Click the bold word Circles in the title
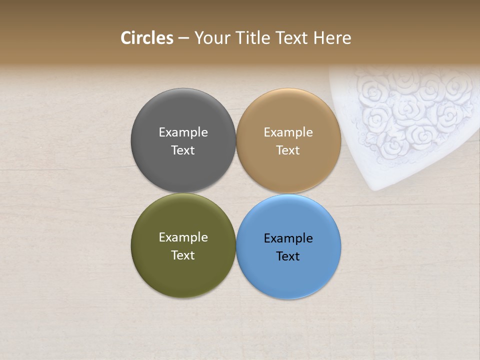[146, 38]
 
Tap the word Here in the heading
[332, 38]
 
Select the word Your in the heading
[211, 38]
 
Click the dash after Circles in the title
[183, 38]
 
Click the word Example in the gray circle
[183, 132]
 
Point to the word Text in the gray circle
[183, 150]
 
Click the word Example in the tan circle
[288, 132]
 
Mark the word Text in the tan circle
[288, 150]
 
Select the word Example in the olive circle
[183, 237]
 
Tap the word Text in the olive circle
[183, 255]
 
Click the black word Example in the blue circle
[288, 238]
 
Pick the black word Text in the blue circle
[288, 256]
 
